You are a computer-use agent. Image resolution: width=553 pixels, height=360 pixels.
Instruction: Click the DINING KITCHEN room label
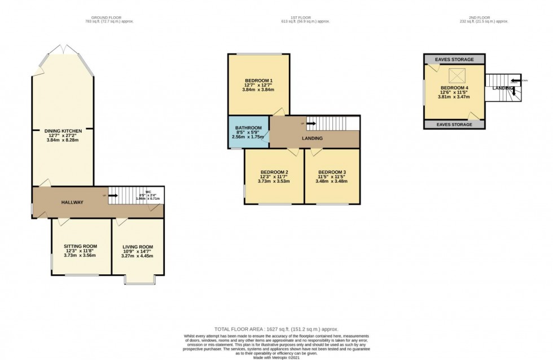(x=63, y=131)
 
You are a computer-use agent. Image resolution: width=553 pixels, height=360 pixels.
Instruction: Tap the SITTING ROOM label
(x=80, y=247)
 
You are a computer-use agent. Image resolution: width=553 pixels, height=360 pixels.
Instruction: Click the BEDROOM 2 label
(x=274, y=172)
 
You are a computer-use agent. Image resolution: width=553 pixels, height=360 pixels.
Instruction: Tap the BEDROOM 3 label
(x=332, y=172)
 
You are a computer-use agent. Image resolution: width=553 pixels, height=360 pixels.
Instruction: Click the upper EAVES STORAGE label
(x=454, y=59)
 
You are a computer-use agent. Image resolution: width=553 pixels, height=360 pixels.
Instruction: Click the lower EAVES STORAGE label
(x=454, y=124)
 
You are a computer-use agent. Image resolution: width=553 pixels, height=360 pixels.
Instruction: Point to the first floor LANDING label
(x=312, y=138)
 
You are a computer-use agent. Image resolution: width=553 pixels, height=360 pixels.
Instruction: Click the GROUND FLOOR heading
(x=111, y=18)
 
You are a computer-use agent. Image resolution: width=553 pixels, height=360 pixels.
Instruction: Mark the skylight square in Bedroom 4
(x=455, y=76)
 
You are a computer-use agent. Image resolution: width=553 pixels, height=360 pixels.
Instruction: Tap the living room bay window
(x=139, y=280)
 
